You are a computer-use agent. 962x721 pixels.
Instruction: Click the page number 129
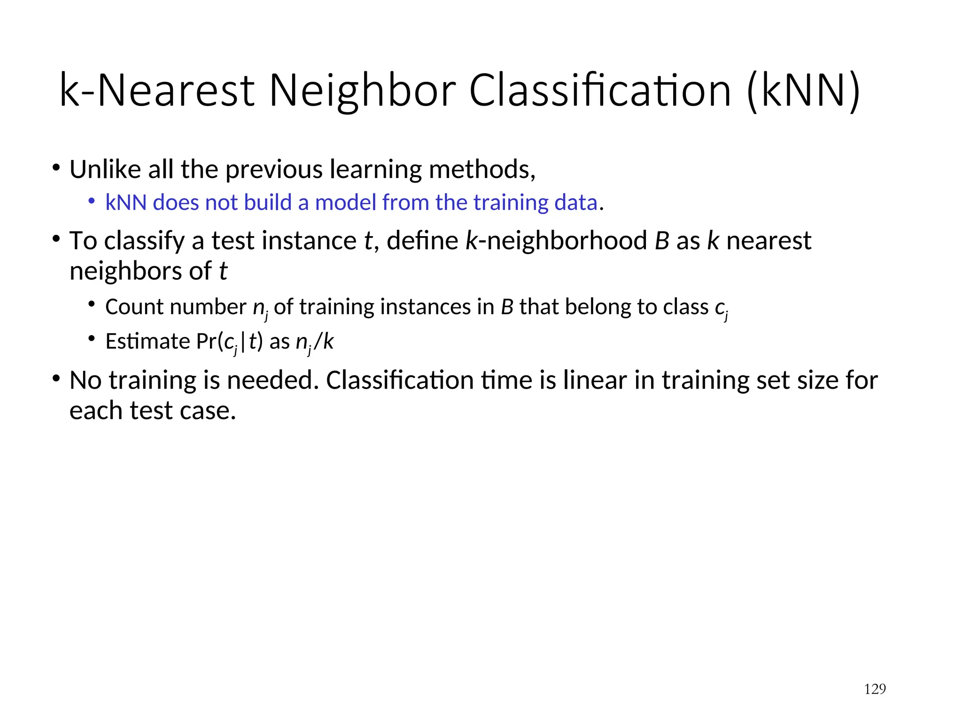(x=875, y=689)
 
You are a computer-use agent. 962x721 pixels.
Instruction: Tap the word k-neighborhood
(x=557, y=241)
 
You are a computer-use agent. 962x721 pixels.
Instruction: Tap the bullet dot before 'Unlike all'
(x=56, y=168)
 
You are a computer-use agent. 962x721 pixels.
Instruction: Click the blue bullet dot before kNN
(x=92, y=201)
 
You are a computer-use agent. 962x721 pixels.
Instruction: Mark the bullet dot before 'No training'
(x=56, y=378)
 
